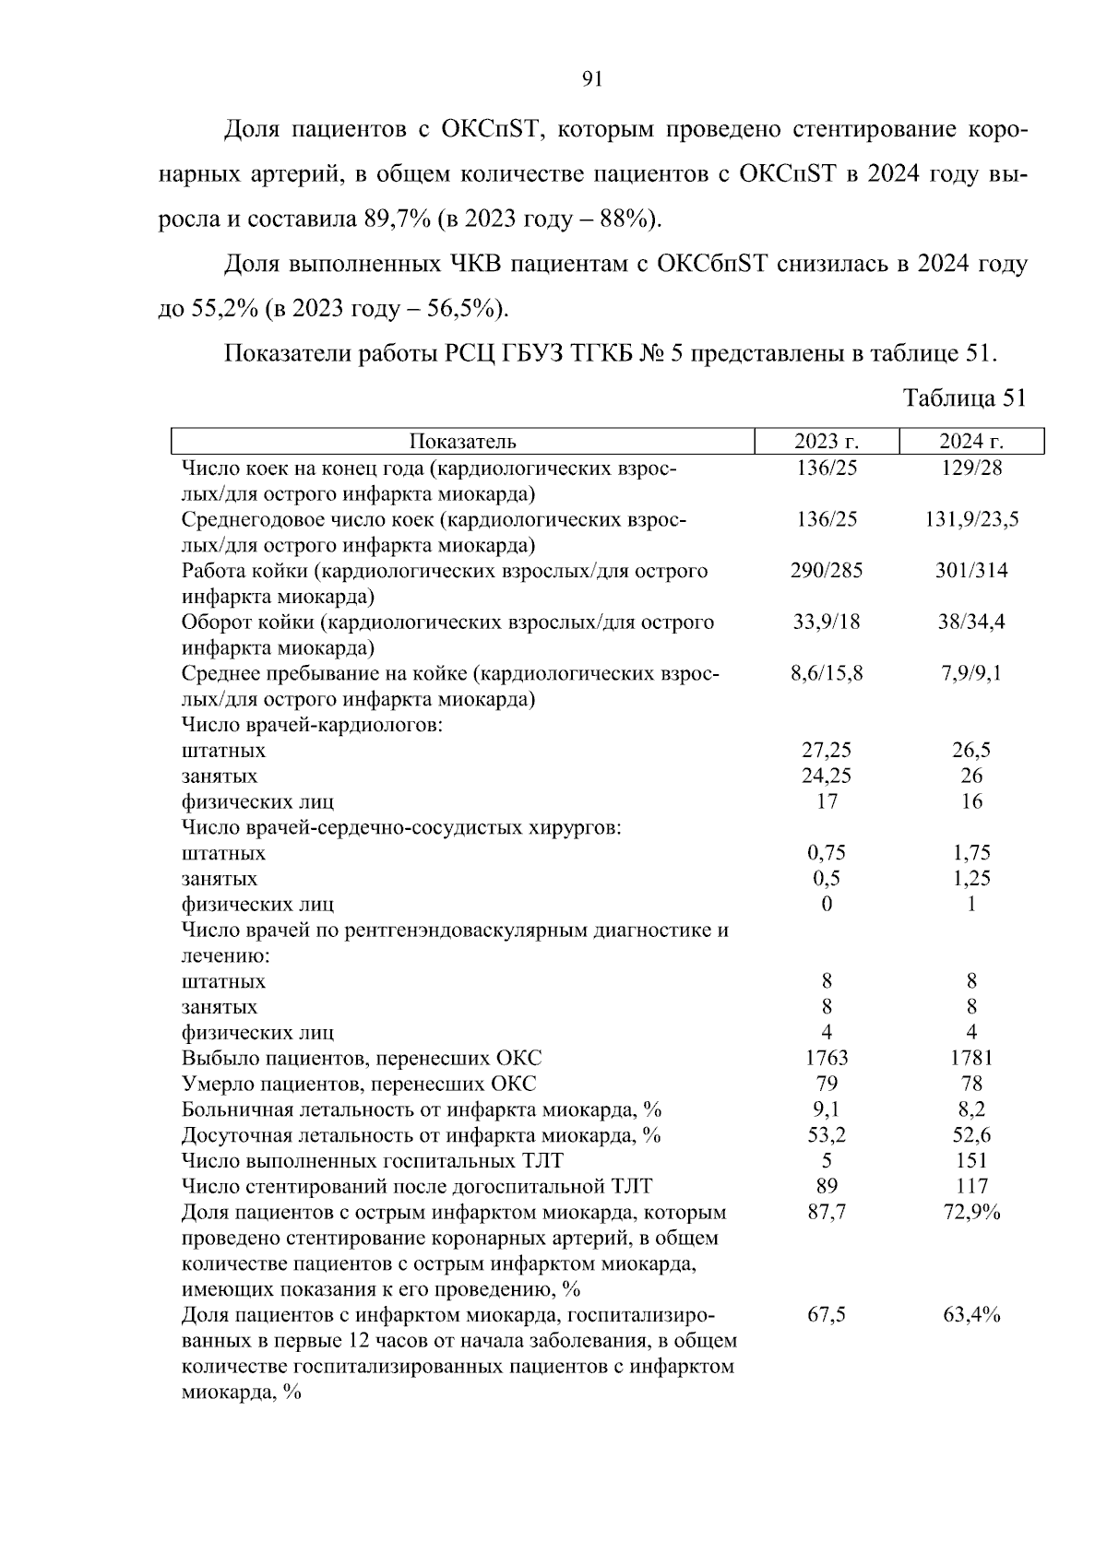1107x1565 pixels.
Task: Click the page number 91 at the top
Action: pos(592,79)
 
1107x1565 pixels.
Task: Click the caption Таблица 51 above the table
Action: pos(964,397)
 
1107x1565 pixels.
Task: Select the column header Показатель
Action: pos(462,442)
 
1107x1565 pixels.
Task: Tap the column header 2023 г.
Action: pos(827,442)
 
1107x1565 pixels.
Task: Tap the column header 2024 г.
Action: pos(971,442)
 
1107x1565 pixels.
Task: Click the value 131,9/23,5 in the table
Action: pos(971,519)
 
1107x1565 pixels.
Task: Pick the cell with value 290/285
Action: pos(827,571)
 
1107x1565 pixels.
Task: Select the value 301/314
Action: pos(971,571)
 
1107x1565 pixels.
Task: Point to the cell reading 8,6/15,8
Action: pos(827,673)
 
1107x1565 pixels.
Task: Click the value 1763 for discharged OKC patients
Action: pos(827,1059)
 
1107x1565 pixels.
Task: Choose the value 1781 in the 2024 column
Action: pos(971,1059)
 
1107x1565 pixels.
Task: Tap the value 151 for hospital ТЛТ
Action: pos(971,1161)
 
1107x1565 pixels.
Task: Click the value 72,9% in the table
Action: pos(971,1213)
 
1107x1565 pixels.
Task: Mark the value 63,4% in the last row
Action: pos(971,1315)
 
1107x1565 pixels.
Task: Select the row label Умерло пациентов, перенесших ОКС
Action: pos(359,1085)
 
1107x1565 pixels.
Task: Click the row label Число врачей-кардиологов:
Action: pos(313,725)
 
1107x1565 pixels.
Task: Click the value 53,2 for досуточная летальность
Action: pos(827,1135)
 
